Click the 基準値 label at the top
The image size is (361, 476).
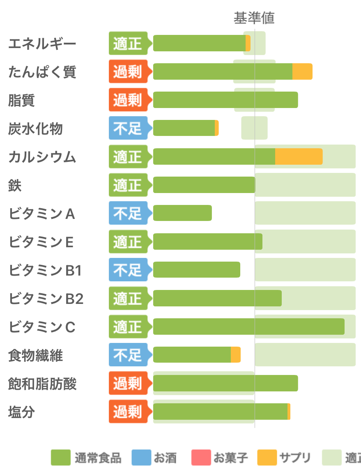[254, 18]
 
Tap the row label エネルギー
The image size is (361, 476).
[42, 44]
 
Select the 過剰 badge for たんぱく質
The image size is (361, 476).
[128, 71]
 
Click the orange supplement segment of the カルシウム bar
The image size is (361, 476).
[299, 156]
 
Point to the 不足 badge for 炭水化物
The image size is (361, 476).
[128, 128]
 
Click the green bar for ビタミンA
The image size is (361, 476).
[182, 213]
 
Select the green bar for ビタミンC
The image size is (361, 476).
[248, 327]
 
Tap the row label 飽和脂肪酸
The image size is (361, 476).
[42, 384]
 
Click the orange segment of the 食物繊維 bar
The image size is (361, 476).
[236, 354]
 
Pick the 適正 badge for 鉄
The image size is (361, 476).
[128, 185]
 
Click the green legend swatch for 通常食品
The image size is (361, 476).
[60, 458]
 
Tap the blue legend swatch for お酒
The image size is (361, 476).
[141, 458]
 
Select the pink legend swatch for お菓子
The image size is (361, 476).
[201, 458]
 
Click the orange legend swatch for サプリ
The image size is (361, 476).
[267, 458]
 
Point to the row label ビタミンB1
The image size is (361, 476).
[45, 271]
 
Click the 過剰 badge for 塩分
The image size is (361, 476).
[128, 412]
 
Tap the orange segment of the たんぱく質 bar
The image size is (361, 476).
[302, 71]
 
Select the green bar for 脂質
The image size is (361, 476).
[225, 100]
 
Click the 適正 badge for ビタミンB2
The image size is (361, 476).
[128, 298]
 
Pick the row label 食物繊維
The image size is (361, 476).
[36, 356]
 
